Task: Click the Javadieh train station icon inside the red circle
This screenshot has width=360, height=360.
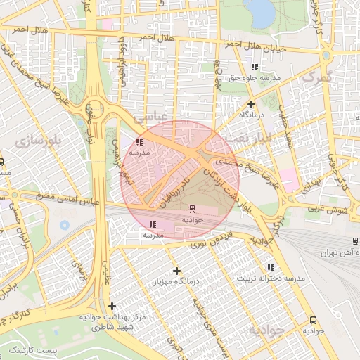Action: click(x=191, y=209)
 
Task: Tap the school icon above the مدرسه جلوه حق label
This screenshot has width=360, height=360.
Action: click(x=255, y=67)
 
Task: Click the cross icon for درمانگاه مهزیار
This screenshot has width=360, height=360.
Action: click(x=176, y=271)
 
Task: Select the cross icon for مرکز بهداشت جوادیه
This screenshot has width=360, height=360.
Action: click(x=112, y=306)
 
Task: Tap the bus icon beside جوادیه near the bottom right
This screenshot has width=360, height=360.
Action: click(x=313, y=319)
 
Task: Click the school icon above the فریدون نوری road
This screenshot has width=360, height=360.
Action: click(x=153, y=225)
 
